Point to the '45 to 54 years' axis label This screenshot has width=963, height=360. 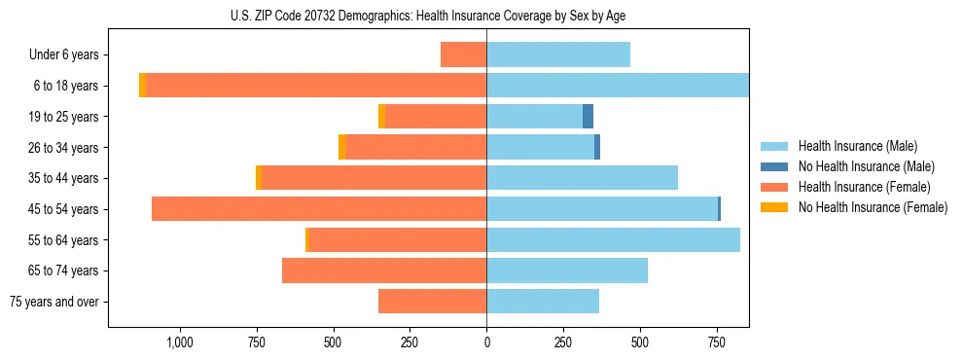click(60, 209)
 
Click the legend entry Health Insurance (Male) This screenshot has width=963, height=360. click(857, 146)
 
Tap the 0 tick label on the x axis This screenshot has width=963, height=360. click(486, 342)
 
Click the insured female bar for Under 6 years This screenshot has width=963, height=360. click(463, 54)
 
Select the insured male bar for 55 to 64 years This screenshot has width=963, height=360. click(613, 239)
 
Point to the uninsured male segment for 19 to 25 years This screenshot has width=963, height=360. click(588, 117)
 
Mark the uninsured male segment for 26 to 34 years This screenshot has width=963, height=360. click(597, 147)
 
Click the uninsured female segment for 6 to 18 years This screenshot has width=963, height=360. click(143, 86)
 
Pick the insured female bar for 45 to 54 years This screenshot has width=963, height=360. click(319, 209)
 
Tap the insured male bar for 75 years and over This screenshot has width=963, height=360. click(543, 302)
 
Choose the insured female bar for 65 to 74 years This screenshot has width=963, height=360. click(384, 270)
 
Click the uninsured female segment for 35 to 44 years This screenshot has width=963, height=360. click(259, 178)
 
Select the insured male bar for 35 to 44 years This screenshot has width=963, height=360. click(582, 178)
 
